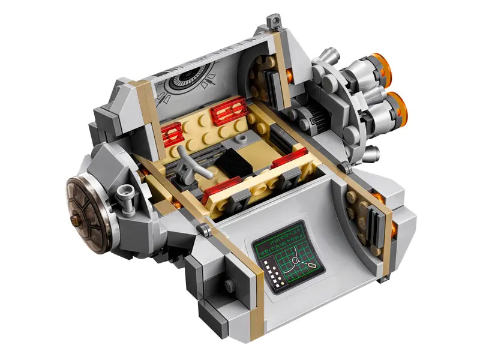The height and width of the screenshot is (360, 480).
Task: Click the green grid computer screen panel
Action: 286,256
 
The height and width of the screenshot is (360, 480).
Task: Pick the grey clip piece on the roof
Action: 274,22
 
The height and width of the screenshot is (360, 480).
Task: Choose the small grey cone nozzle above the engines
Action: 328,53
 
